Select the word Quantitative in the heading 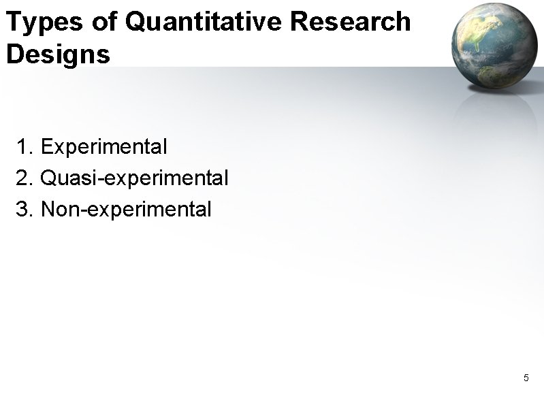click(205, 23)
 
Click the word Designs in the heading click(58, 54)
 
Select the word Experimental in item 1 click(104, 146)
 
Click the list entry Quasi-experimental click(134, 179)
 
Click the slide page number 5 click(526, 378)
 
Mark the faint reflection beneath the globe click(492, 112)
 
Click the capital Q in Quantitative click(136, 22)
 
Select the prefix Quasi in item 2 click(64, 178)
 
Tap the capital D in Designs click(14, 54)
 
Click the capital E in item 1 click(46, 146)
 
